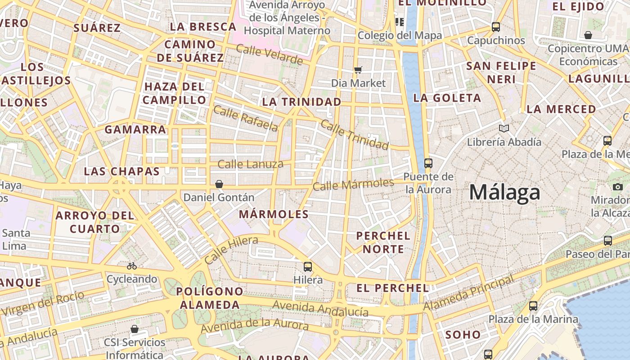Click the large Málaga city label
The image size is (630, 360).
[x=504, y=193]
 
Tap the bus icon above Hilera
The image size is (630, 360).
[x=308, y=266]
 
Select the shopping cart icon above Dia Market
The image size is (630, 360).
[x=358, y=70]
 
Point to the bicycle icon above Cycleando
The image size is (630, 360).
[x=132, y=266]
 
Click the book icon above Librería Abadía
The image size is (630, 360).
[x=504, y=129]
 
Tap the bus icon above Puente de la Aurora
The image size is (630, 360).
[x=428, y=163]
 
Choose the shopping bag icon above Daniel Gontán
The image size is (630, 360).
[x=219, y=184]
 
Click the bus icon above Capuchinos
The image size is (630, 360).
[x=496, y=27]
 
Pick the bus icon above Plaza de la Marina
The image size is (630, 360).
[x=533, y=306]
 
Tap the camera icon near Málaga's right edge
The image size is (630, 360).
[x=618, y=187]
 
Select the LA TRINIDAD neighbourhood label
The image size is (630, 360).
[x=301, y=102]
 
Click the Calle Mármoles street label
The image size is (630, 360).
[x=353, y=184]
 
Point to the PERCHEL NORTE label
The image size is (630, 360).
[x=383, y=242]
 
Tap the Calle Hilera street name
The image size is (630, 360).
[x=231, y=250]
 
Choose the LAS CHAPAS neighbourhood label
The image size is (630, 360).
[x=121, y=171]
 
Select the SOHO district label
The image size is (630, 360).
[x=463, y=335]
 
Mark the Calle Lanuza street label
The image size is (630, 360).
[x=250, y=164]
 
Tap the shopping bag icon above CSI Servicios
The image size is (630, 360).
[x=134, y=329]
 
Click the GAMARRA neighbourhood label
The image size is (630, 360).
[x=135, y=130]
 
